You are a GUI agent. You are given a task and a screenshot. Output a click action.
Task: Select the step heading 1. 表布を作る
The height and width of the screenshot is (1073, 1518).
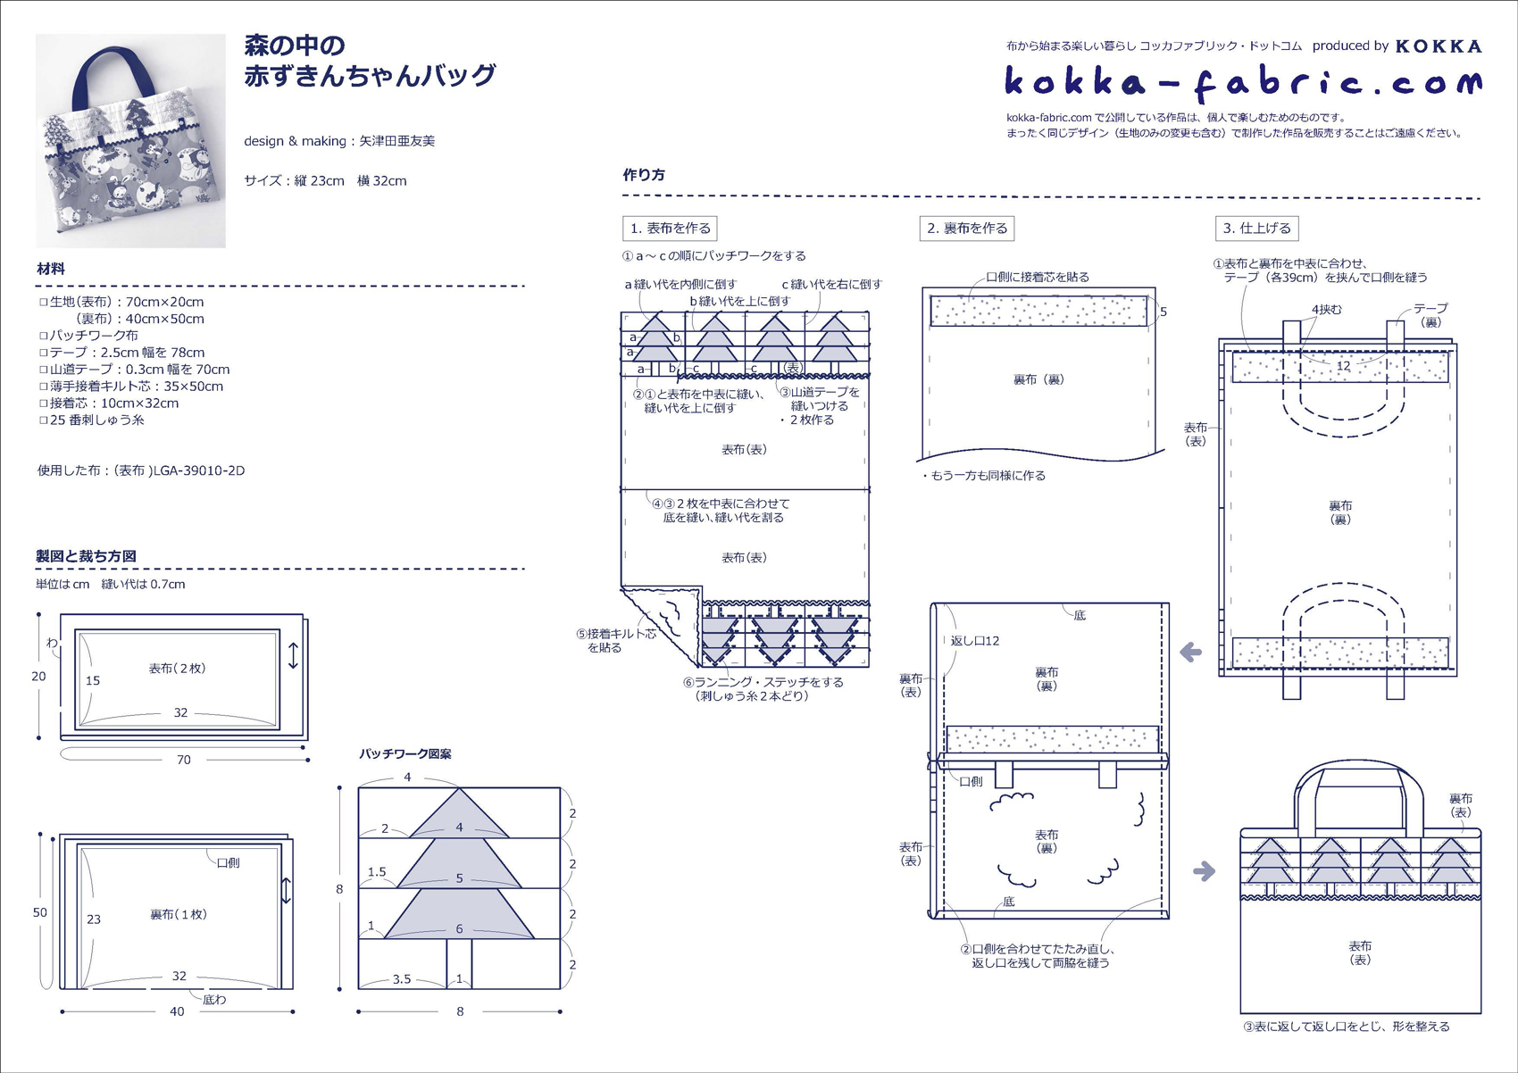(x=670, y=229)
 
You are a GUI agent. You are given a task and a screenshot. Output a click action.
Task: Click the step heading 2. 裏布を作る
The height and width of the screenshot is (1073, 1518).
(x=966, y=229)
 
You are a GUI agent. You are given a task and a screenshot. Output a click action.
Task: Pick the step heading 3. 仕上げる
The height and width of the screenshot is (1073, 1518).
(x=1256, y=229)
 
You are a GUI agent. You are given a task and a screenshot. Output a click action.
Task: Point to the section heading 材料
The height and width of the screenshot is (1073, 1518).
(x=51, y=269)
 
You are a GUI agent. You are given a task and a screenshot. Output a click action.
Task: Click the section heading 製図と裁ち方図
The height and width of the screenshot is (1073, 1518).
(x=86, y=556)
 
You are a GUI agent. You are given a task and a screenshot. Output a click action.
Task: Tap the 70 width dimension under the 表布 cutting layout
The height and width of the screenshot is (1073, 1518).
(x=184, y=760)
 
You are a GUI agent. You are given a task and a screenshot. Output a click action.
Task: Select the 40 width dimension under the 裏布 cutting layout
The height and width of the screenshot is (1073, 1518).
(x=177, y=1011)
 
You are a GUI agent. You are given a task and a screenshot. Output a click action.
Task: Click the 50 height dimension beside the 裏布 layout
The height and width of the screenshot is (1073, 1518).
(x=40, y=912)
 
